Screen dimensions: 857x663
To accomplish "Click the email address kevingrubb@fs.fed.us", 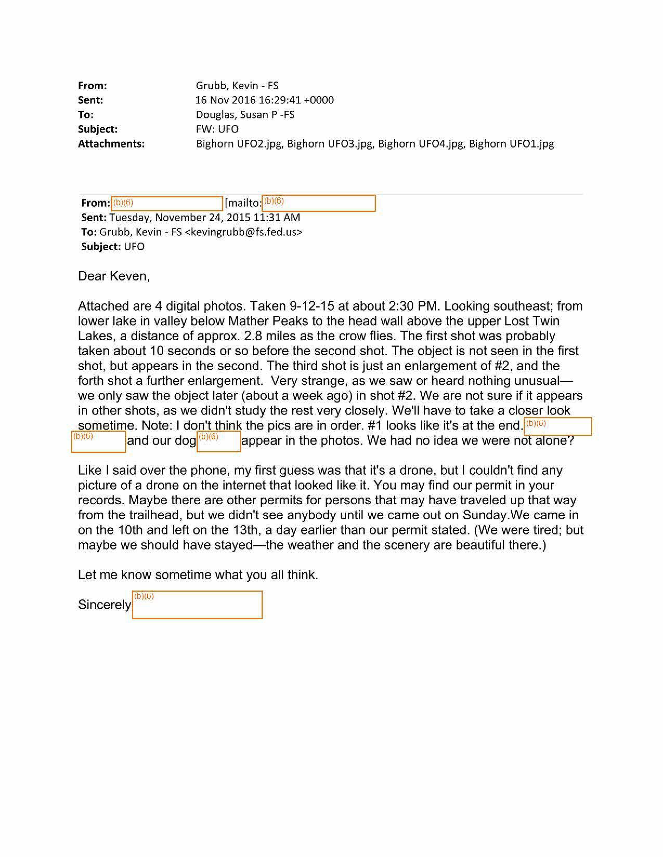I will click(x=244, y=232).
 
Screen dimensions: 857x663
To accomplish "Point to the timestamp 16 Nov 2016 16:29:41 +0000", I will click(x=264, y=100).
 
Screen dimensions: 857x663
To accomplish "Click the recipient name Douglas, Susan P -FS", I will click(x=245, y=115).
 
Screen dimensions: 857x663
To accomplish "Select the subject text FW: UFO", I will click(x=217, y=129).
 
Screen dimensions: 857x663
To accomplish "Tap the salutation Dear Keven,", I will click(x=114, y=276).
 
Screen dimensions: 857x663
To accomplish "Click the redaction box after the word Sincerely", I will click(x=197, y=605).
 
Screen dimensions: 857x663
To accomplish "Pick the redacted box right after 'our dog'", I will click(x=219, y=441).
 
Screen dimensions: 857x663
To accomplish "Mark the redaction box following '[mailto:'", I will click(x=318, y=203).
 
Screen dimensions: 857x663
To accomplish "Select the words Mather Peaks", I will click(x=268, y=321).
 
